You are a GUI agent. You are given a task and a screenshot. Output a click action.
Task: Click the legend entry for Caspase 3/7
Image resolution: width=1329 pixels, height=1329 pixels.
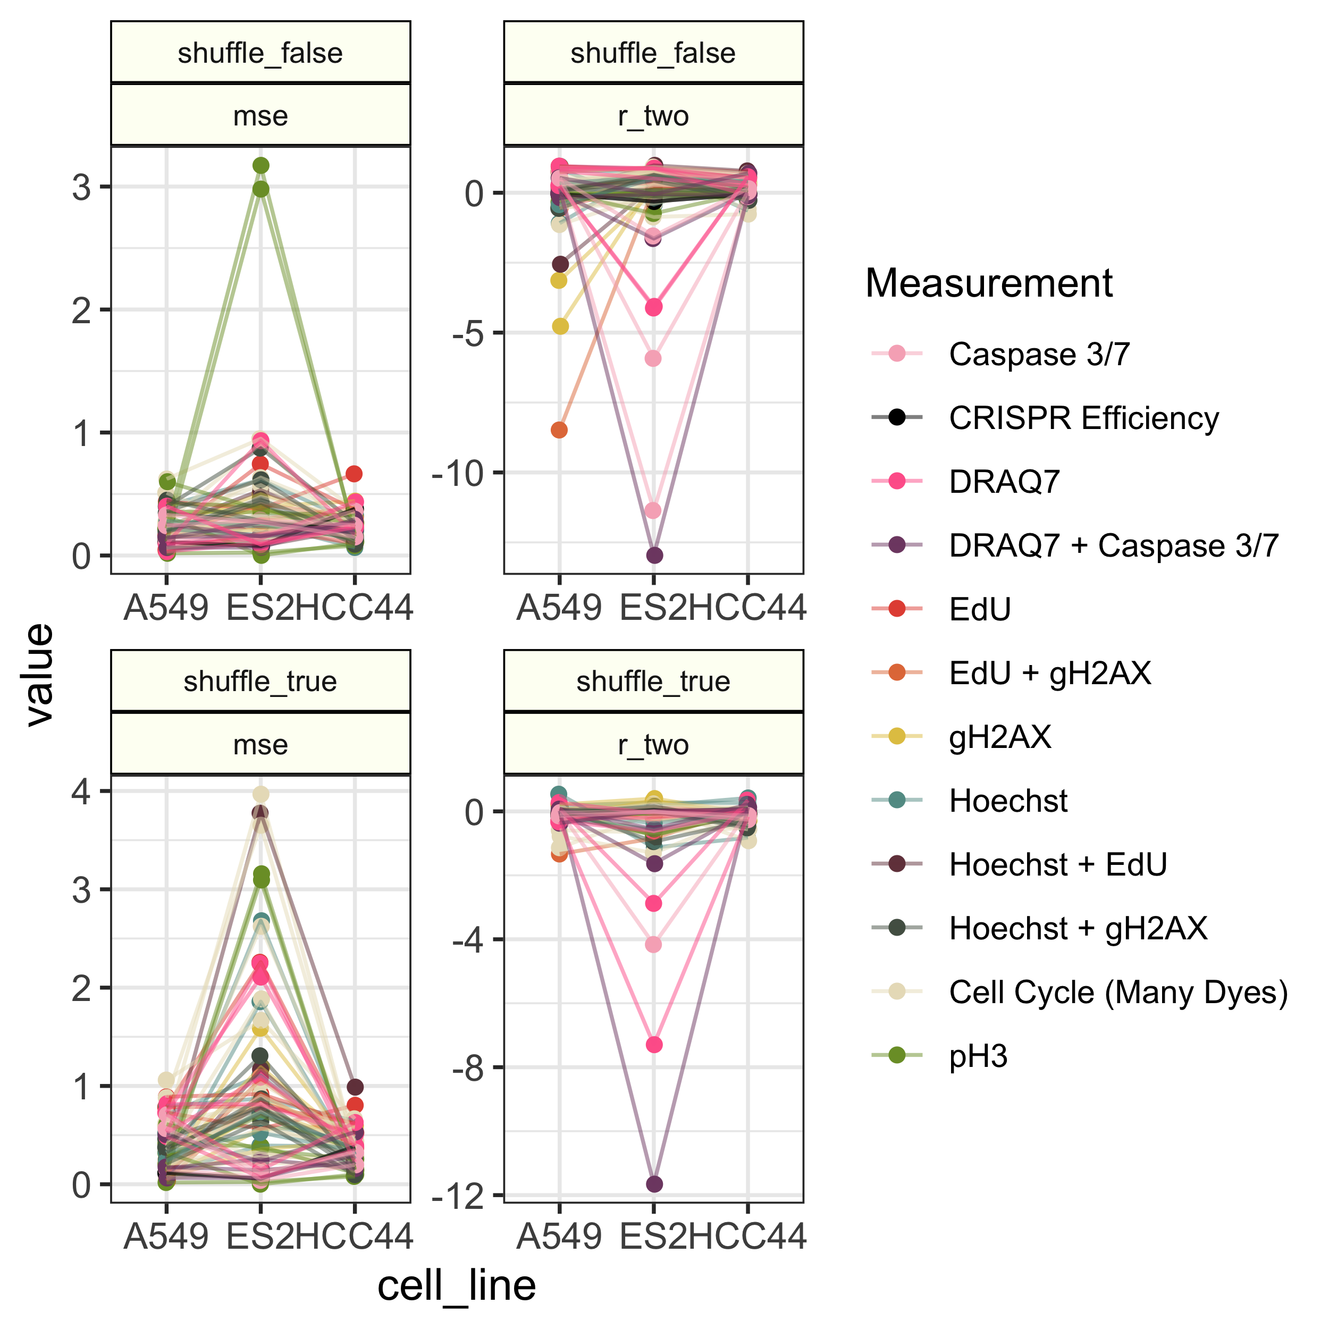[1039, 354]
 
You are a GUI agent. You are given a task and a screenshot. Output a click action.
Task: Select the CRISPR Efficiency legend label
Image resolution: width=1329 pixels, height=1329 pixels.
[1083, 418]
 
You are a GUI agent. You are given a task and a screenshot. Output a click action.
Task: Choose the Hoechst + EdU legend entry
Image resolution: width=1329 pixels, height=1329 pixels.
[1058, 865]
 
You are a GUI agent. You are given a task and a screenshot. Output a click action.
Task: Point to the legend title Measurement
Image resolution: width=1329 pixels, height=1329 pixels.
[988, 283]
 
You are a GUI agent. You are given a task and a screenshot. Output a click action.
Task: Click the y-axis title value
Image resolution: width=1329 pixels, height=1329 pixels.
[39, 674]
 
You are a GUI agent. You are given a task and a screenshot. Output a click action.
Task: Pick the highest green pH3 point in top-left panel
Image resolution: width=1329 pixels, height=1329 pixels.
[260, 166]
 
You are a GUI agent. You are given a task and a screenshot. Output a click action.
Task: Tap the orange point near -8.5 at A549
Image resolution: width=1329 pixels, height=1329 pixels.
[559, 430]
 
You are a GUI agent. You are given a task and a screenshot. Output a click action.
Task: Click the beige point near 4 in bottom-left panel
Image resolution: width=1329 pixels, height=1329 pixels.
[260, 794]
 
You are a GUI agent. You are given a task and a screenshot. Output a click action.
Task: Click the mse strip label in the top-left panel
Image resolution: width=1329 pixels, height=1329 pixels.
[260, 115]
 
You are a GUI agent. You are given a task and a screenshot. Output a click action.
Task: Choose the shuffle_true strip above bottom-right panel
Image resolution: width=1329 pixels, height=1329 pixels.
[653, 681]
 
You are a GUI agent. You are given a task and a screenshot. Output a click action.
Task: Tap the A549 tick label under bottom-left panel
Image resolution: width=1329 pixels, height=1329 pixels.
[166, 1236]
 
